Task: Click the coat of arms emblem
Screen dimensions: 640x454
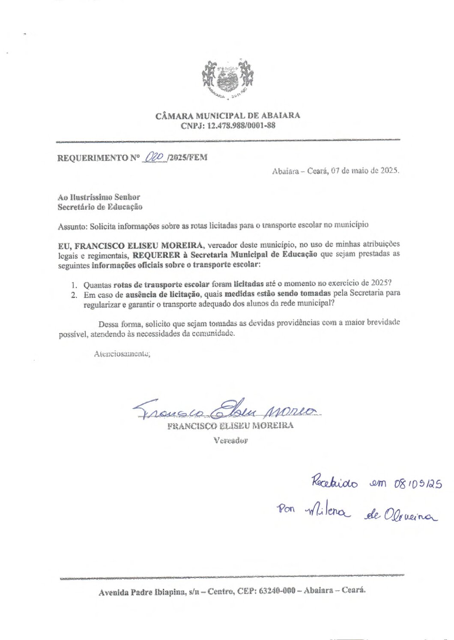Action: tap(227, 79)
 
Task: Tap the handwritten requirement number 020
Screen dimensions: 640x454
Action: tap(155, 157)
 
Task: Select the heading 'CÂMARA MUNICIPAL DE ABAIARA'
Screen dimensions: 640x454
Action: tap(227, 116)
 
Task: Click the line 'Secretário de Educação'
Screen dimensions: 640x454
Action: tap(100, 207)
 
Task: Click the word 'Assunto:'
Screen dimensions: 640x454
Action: tap(72, 226)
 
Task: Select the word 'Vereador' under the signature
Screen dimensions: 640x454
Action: tap(230, 440)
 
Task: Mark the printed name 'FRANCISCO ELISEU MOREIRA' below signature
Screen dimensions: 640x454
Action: tap(230, 426)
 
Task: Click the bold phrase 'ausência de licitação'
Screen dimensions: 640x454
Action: tap(163, 294)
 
